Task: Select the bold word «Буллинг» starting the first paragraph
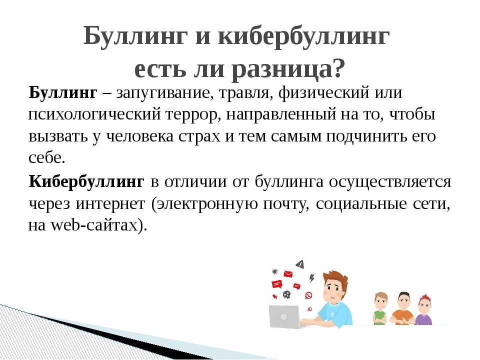(63, 93)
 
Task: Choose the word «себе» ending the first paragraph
(46, 157)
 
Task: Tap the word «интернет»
(110, 204)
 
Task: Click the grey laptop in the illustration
(284, 316)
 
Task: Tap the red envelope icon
(288, 273)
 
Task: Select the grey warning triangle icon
(300, 264)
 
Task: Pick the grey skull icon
(286, 294)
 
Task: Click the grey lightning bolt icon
(311, 278)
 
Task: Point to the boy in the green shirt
(380, 308)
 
